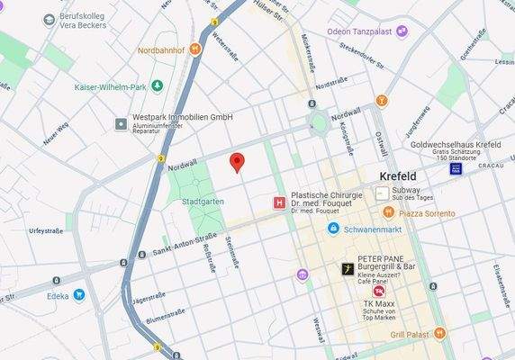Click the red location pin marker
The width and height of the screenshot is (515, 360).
tap(237, 162)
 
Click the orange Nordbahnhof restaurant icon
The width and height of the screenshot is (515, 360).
tap(194, 49)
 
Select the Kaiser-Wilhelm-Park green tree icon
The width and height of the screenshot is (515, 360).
tap(158, 85)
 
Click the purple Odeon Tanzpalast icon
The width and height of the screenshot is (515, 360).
tap(402, 31)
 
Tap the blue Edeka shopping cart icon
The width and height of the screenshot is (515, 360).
tap(79, 294)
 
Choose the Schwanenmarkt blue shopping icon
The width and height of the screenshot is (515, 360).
tap(333, 229)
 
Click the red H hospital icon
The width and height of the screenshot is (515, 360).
tap(279, 203)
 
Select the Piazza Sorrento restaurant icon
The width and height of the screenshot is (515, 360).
tap(388, 212)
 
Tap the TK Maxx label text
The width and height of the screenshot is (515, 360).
tap(381, 303)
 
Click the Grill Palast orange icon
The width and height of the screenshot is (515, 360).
tap(439, 333)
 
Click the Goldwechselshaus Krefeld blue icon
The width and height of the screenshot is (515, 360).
tap(456, 169)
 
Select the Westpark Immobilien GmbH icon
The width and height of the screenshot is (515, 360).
tap(122, 123)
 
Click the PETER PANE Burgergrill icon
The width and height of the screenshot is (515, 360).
tap(348, 269)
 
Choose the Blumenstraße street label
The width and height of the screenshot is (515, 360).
tap(165, 317)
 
